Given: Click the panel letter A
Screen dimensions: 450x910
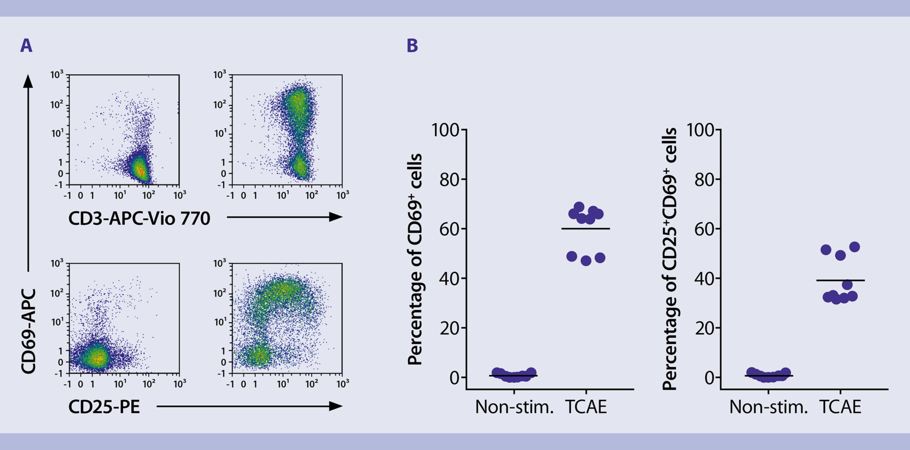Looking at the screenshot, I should [26, 46].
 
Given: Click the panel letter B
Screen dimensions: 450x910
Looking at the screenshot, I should [412, 46].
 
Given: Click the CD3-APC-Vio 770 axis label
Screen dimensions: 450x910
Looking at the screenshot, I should [139, 219].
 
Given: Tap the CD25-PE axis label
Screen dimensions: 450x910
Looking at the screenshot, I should [104, 407].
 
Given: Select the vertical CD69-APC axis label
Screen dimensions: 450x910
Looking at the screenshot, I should [28, 331].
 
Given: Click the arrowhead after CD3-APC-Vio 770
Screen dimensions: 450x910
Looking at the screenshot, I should [336, 217].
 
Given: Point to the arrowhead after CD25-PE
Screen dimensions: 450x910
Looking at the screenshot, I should [336, 406].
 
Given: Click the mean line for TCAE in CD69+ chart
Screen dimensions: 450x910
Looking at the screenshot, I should [585, 228].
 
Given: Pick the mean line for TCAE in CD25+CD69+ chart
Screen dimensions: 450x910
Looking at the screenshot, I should [840, 280].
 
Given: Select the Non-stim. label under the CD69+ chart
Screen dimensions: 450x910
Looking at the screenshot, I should [514, 407].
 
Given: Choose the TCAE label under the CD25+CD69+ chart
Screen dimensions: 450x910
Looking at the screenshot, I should [840, 407].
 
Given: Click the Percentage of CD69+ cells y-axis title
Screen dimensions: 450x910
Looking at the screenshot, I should [415, 259].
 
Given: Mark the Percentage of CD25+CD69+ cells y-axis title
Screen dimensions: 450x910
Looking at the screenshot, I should [669, 259].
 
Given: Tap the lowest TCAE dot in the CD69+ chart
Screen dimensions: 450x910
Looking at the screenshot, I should [586, 261].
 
